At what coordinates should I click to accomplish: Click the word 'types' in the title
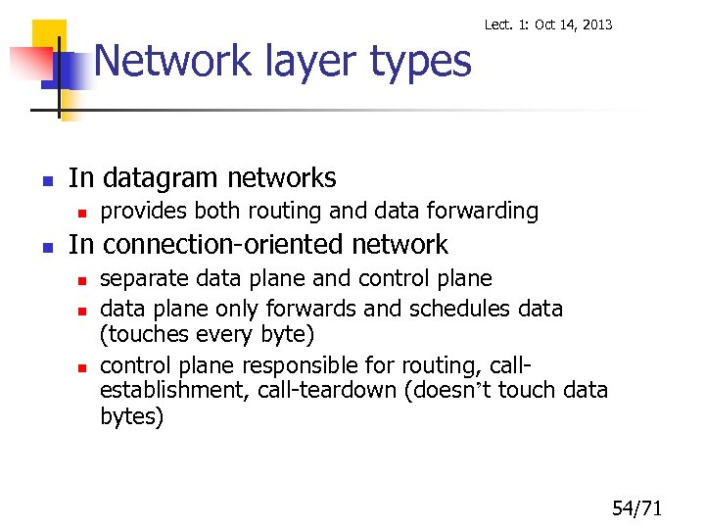point(422,63)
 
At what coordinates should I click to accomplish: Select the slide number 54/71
point(637,507)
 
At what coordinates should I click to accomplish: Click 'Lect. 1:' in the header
point(507,24)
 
